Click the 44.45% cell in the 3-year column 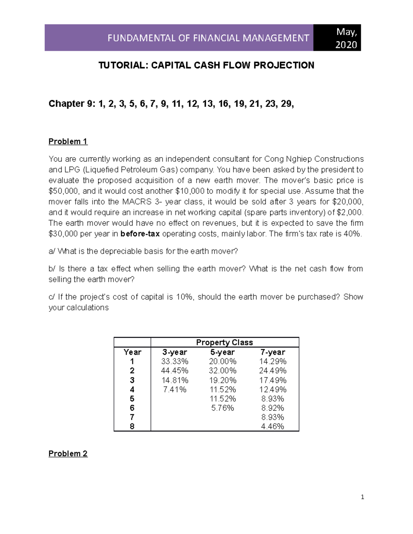coord(174,371)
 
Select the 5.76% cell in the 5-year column coord(223,408)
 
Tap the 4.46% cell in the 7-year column coord(273,427)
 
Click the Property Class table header coord(224,342)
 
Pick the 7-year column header coord(273,352)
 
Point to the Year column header coord(133,352)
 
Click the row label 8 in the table coord(132,427)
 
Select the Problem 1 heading coord(68,141)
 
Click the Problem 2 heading coord(68,454)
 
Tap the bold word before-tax coord(140,234)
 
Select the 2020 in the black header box coord(346,45)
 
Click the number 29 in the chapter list coord(287,104)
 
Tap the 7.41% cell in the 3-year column coord(174,390)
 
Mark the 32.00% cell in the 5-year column coord(223,371)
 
